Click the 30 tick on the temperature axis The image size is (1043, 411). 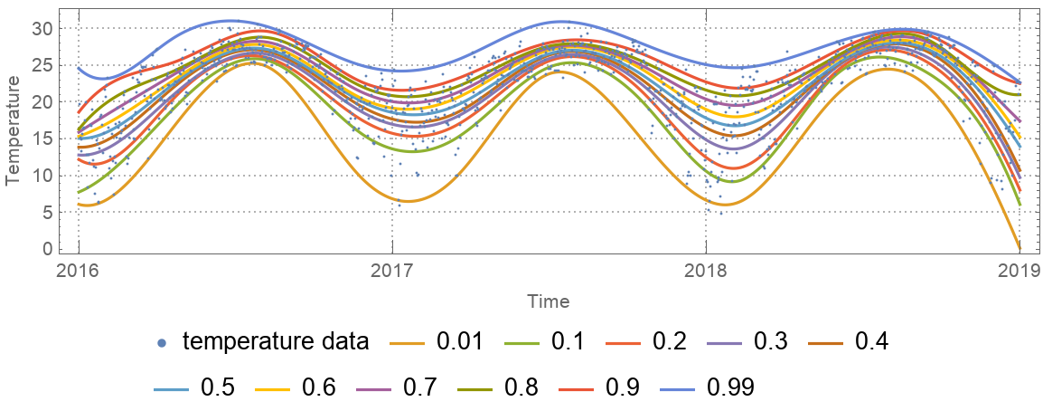pyautogui.click(x=42, y=28)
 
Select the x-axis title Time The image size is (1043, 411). pyautogui.click(x=549, y=300)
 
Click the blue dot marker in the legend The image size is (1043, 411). pyautogui.click(x=161, y=343)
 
